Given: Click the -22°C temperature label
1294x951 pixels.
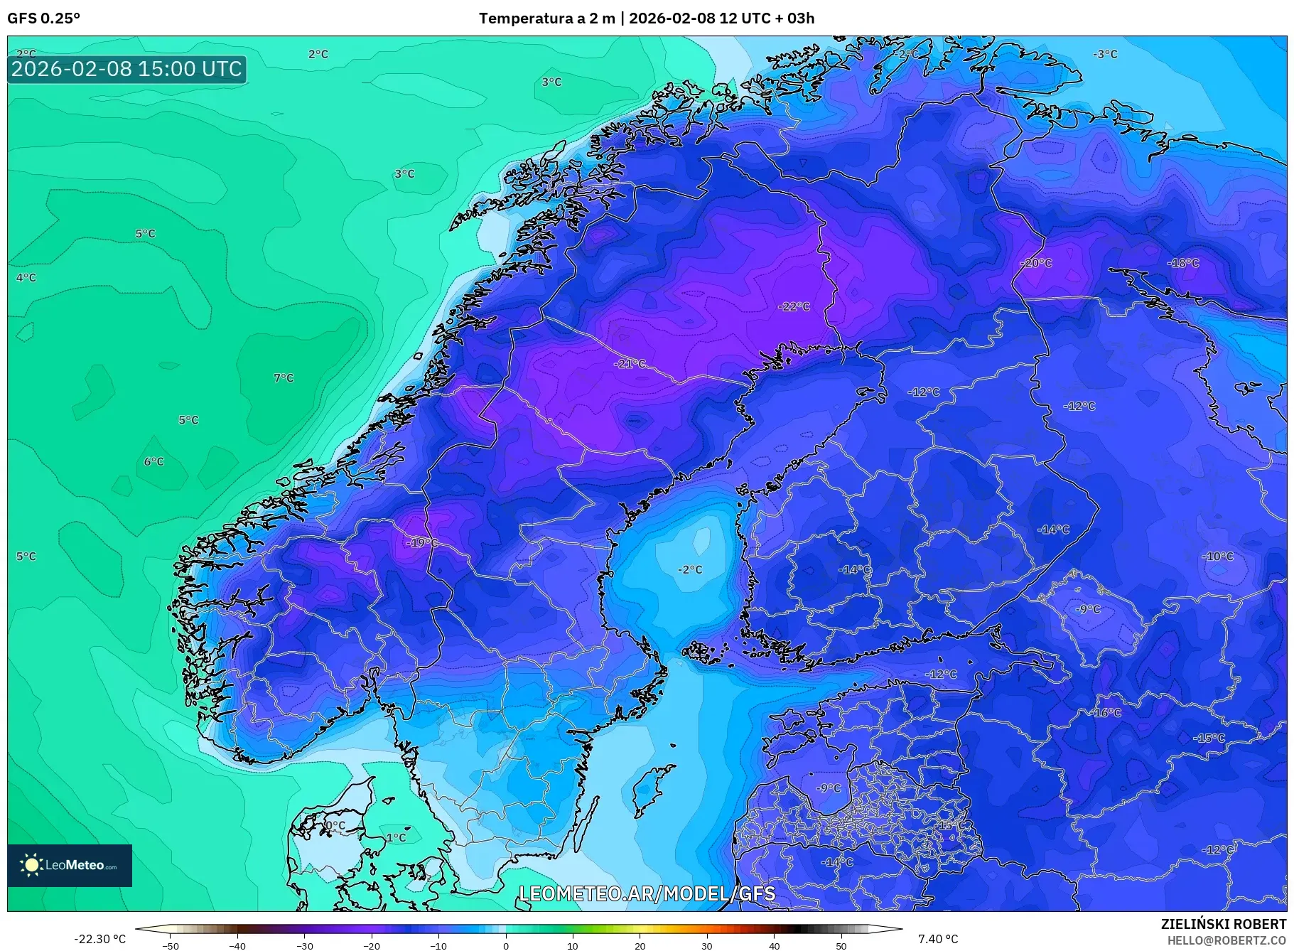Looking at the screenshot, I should point(794,306).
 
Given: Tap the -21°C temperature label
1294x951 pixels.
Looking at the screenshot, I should point(630,363).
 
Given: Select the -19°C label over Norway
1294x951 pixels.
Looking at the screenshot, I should point(422,542).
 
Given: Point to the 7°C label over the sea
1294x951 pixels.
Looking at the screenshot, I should point(284,377).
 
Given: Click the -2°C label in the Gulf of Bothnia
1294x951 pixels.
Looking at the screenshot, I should point(689,569).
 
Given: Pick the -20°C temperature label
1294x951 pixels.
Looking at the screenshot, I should point(1036,262).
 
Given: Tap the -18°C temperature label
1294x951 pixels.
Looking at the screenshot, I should point(1183,262).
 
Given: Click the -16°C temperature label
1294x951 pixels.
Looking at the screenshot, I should point(1106,712).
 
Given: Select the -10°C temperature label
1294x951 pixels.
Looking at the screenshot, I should point(1218,556).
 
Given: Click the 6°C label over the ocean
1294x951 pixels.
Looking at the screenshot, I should point(154,461).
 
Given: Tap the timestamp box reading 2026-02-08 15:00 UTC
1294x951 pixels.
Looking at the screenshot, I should point(127,69).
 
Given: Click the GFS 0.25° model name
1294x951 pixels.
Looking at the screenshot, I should point(43,18).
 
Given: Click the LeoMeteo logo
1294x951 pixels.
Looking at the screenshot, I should point(70,865).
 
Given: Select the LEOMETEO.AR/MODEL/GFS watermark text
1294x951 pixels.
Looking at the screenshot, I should point(647,893).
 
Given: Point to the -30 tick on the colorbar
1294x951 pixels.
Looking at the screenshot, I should point(304,945).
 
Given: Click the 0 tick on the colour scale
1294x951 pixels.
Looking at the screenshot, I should point(505,945).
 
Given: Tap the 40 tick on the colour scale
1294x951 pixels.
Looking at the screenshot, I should point(774,945).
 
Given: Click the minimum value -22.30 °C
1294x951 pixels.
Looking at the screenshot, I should point(99,939).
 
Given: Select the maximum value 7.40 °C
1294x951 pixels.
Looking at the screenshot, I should point(938,939).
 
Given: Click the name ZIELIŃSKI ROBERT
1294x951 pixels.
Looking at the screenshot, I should point(1223,924).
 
